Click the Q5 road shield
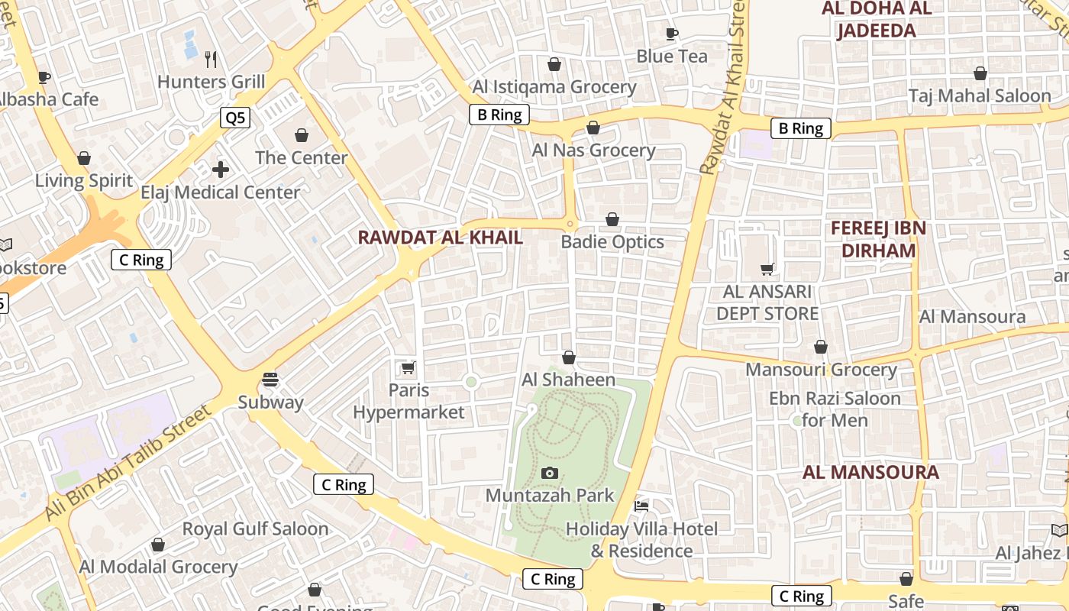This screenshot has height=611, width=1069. point(235,117)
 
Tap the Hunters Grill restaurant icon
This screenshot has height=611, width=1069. point(212,59)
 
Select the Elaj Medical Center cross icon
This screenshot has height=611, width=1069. point(221,169)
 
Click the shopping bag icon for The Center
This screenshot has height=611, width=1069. point(302,135)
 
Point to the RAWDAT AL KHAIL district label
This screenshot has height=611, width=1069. point(441,238)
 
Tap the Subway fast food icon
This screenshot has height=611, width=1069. point(270,380)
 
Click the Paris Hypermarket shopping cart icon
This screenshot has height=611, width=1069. point(409,368)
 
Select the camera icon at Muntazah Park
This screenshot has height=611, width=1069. point(549,474)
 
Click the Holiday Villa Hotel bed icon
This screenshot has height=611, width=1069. point(641,506)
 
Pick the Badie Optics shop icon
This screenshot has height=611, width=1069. point(612,220)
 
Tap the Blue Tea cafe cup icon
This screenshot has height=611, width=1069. point(672,34)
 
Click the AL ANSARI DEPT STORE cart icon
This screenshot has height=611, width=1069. point(767,269)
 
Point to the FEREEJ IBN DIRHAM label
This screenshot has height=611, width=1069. point(878,239)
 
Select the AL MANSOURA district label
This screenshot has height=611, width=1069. point(870,473)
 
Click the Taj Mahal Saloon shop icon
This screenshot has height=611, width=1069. point(980,73)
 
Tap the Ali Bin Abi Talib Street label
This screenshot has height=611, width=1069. point(128,463)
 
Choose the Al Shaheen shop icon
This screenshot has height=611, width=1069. point(569,357)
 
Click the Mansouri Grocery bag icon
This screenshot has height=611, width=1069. point(821,348)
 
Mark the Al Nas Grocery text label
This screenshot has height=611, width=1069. point(594,150)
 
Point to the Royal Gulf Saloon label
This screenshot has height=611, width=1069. point(255,529)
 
